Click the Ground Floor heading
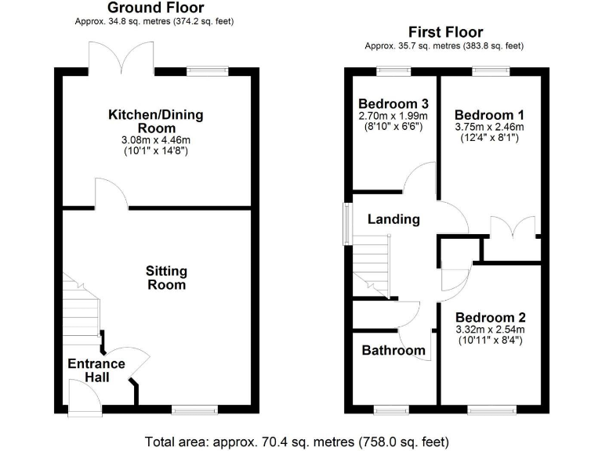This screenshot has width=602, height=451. (154, 9)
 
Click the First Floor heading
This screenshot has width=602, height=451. (444, 32)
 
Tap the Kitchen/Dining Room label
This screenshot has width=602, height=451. (155, 121)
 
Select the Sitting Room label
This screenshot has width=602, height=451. (166, 278)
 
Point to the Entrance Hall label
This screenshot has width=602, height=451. (96, 370)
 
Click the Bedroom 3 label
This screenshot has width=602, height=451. (393, 104)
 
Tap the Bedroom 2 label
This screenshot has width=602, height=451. (491, 318)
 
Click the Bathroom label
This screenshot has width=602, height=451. (393, 350)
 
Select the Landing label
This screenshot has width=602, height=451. (393, 219)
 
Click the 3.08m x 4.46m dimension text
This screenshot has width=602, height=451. (155, 140)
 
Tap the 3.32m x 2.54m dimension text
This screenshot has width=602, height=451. (491, 330)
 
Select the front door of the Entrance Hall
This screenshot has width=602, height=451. (82, 401)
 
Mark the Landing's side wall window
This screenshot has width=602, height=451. (346, 225)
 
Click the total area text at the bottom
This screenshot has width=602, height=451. (298, 440)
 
